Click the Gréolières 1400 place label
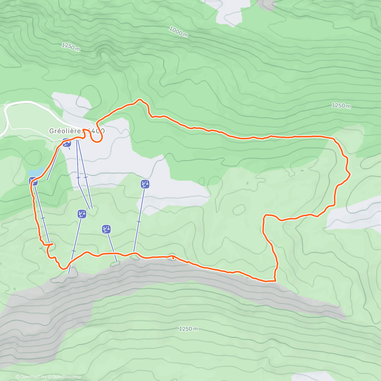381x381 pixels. click(77, 131)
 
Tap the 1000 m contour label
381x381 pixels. click(178, 31)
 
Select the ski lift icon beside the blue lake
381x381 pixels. click(33, 181)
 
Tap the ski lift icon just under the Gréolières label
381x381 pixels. click(66, 143)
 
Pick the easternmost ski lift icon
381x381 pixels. click(145, 184)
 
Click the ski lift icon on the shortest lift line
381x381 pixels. click(106, 229)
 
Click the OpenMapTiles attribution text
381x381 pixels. click(31, 377)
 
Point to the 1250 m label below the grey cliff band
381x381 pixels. click(188, 329)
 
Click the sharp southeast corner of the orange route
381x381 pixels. click(275, 281)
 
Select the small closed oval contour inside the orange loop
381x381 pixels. click(239, 210)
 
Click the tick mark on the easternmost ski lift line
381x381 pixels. click(139, 221)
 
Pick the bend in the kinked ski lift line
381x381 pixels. click(79, 183)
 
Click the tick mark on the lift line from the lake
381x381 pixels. click(43, 218)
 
